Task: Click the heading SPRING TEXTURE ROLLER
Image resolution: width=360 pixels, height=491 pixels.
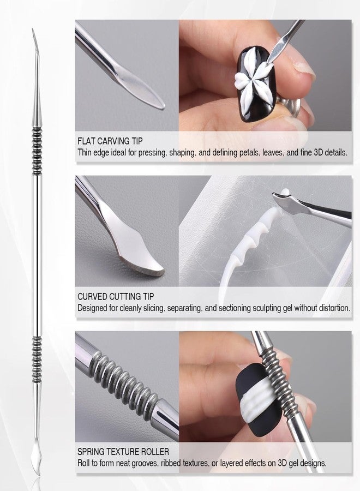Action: coord(123,452)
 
